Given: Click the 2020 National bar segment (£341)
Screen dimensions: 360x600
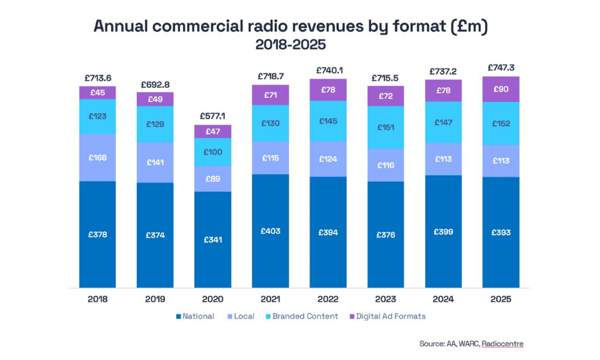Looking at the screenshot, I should tap(212, 239).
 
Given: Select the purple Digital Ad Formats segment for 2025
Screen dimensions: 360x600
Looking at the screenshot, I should tap(501, 89).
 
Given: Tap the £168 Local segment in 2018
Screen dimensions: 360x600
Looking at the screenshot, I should tap(97, 158).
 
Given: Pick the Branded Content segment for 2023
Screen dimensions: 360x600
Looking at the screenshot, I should tap(386, 127).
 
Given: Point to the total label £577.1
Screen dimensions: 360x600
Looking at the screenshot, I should tap(212, 118).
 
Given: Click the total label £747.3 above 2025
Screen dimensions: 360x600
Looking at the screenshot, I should tap(501, 68).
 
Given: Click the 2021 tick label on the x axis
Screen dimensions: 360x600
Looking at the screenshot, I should tap(270, 298).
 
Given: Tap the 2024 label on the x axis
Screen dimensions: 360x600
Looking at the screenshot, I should tap(443, 298).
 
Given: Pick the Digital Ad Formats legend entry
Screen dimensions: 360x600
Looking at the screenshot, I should tap(391, 316).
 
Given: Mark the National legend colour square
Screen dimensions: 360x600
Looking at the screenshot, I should tap(178, 316).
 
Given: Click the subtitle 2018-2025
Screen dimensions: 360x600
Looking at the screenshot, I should tap(290, 45).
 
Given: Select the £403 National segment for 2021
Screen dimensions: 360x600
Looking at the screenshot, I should tap(270, 231).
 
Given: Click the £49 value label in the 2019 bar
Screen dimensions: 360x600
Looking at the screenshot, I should tap(155, 99).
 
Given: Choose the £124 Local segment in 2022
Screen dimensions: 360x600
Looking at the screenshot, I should tap(328, 159).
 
